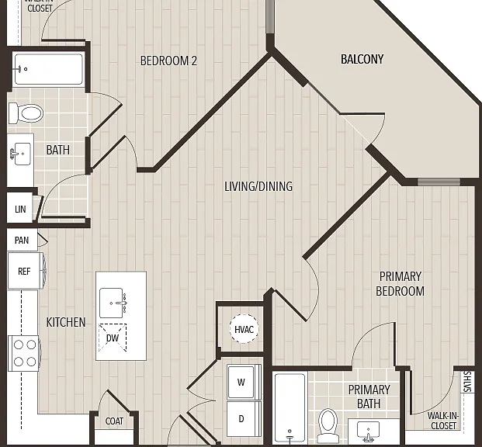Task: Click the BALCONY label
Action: coord(362,59)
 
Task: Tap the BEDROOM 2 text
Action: coord(168,61)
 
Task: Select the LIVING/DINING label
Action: coord(258,186)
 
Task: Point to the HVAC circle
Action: coord(244,328)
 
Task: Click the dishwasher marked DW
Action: coord(113,338)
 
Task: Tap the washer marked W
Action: coord(244,382)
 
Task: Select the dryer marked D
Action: coord(244,418)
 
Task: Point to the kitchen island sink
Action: coord(113,303)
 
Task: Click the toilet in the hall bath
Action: coord(26,113)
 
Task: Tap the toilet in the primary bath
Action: coord(328,425)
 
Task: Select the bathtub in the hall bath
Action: coord(49,69)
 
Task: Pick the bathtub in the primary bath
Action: coord(290,407)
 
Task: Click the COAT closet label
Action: coord(114,421)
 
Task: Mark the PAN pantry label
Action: coord(22,240)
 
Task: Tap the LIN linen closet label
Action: coord(20,210)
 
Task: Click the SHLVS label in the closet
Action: coord(467,382)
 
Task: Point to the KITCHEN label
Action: coord(66,322)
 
